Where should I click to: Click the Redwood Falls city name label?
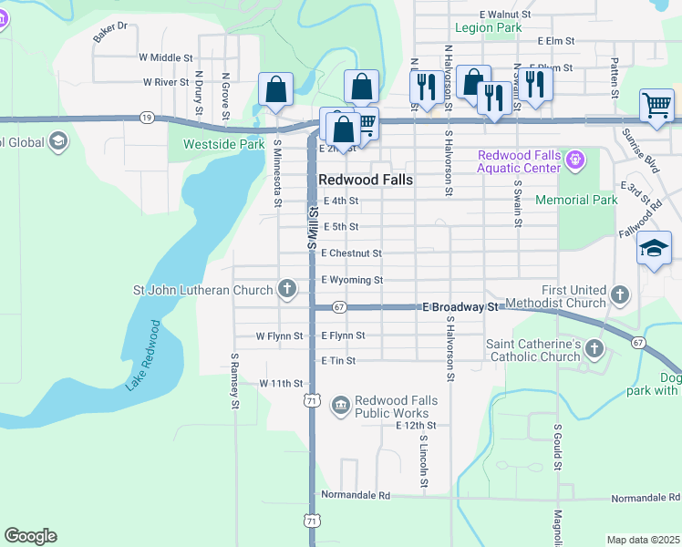(365, 180)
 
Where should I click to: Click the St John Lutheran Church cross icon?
(287, 290)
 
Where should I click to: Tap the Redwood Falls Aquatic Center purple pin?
(573, 160)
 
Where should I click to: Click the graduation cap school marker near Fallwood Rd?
(654, 249)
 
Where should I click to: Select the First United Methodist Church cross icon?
(620, 294)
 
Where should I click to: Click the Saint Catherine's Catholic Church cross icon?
(594, 348)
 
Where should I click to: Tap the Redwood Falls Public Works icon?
(340, 404)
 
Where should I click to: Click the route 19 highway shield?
(146, 118)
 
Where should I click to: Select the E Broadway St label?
(460, 308)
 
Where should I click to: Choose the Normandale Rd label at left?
(356, 495)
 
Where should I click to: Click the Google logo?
(30, 536)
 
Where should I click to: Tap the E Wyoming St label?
(352, 280)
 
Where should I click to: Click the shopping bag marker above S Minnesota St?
(274, 91)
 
